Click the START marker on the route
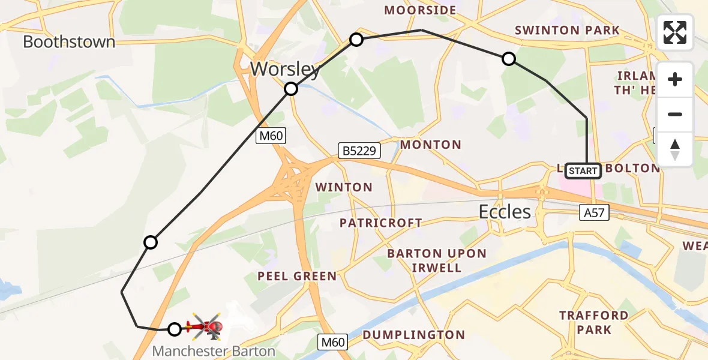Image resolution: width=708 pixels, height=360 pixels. tap(583, 171)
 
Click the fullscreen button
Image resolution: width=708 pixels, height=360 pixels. tap(675, 32)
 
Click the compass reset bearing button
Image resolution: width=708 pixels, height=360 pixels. tap(675, 149)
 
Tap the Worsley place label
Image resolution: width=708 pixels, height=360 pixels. tap(285, 69)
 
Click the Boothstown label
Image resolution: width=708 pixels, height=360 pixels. tap(69, 42)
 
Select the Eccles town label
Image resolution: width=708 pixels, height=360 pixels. tap(505, 211)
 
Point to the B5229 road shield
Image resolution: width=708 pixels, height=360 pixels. tap(359, 151)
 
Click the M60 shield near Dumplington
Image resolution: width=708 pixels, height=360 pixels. tap(332, 343)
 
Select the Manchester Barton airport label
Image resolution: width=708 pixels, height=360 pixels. tap(214, 351)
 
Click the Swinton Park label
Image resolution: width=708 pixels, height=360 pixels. tap(567, 30)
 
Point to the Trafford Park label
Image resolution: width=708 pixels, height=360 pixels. tap(586, 322)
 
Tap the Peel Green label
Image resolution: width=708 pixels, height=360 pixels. tap(296, 276)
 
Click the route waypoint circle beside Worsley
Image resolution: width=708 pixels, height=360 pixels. tap(291, 89)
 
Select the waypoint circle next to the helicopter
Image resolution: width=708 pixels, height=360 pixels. tap(174, 329)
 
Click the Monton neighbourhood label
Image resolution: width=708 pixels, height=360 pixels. tap(430, 145)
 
